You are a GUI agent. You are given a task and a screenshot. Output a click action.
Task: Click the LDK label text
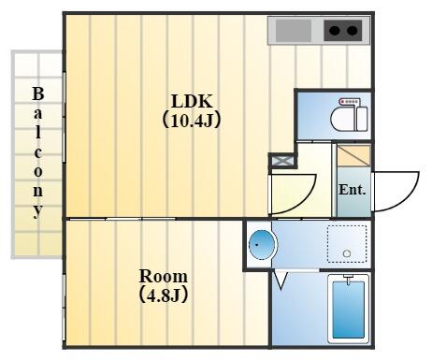[192, 102]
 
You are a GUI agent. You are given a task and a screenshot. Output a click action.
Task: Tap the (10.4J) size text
[192, 120]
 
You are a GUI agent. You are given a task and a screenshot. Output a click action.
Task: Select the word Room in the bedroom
[163, 277]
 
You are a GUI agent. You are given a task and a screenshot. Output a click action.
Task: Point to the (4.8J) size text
[163, 295]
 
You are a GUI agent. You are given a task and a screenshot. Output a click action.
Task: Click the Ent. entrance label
[352, 189]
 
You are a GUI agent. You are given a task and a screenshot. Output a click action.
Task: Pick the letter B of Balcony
[38, 94]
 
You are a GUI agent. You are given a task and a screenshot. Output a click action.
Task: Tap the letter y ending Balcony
[38, 210]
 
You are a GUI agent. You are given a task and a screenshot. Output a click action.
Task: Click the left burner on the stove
[333, 31]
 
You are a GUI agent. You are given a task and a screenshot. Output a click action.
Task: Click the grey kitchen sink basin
[293, 31]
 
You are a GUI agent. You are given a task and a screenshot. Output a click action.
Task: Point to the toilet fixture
[353, 116]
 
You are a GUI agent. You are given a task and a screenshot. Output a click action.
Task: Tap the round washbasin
[264, 245]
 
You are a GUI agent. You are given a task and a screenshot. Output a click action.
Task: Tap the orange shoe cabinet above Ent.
[353, 155]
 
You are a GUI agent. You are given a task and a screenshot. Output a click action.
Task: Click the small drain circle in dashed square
[346, 253]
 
